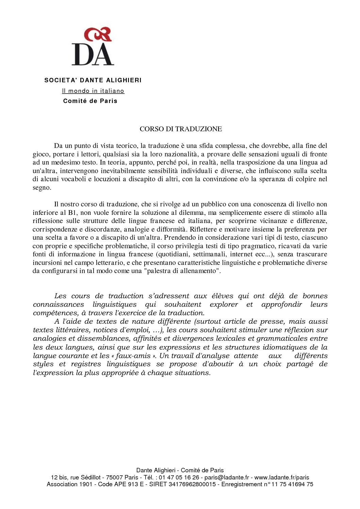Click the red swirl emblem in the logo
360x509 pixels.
point(98,34)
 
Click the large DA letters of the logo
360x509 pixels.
point(93,54)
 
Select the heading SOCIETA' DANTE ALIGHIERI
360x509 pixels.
point(93,80)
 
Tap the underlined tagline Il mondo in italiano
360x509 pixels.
point(93,91)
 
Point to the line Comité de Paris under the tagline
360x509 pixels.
point(90,101)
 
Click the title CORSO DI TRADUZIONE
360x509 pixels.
point(181,129)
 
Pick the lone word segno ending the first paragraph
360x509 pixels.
point(41,187)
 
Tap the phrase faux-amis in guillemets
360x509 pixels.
point(133,356)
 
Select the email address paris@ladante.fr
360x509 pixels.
point(227,477)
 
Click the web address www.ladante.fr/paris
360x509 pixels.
point(282,477)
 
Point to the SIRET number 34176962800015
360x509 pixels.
point(192,484)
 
